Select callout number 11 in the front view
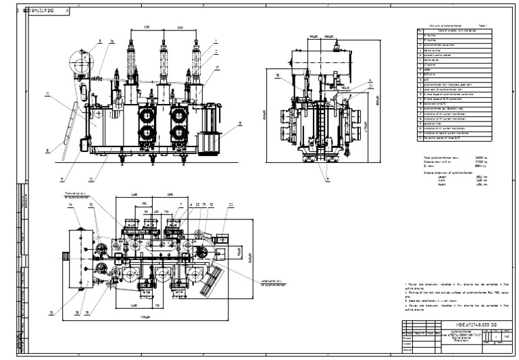47,95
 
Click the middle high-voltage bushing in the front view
163,64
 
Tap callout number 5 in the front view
239,124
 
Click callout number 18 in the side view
278,76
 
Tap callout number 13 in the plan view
51,313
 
